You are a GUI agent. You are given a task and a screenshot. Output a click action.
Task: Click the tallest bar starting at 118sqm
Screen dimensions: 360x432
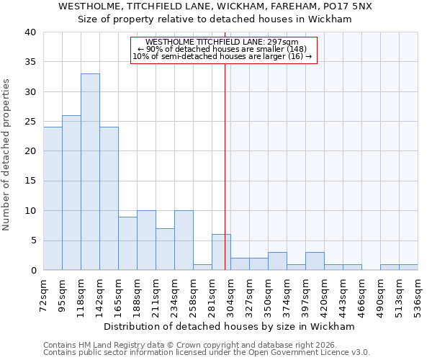click(x=90, y=172)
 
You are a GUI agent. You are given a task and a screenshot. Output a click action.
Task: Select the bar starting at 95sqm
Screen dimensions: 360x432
click(x=71, y=193)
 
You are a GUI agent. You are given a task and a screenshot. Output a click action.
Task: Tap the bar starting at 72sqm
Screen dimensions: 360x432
click(x=53, y=199)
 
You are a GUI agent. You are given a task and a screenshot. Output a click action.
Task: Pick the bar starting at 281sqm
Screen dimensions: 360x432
click(x=221, y=252)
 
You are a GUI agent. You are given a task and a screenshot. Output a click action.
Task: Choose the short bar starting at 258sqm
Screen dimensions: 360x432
click(x=202, y=267)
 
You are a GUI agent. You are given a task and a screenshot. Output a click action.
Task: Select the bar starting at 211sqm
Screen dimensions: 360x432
click(x=165, y=249)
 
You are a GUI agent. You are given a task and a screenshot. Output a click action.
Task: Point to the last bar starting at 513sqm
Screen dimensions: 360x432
click(x=408, y=267)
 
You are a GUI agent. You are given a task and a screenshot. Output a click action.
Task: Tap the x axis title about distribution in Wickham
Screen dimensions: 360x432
click(x=229, y=326)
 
